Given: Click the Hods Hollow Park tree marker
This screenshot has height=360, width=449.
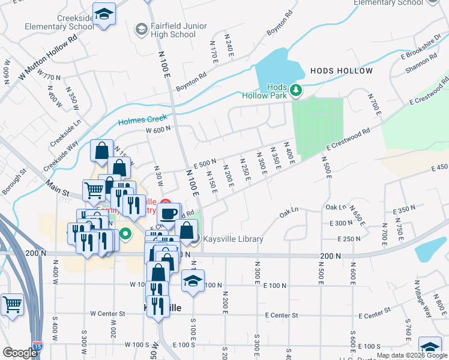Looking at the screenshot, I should (x=295, y=91).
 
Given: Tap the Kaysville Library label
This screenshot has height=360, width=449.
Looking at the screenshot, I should (x=233, y=239).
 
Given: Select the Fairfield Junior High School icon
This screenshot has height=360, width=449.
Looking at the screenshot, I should (x=142, y=29).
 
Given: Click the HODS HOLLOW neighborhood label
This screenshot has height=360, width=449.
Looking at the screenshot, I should (x=342, y=71).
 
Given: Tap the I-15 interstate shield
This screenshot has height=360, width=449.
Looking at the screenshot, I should (x=38, y=346).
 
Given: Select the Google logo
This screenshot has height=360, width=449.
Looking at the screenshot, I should (x=20, y=353).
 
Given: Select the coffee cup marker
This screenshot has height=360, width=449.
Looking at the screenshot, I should (x=169, y=213).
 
